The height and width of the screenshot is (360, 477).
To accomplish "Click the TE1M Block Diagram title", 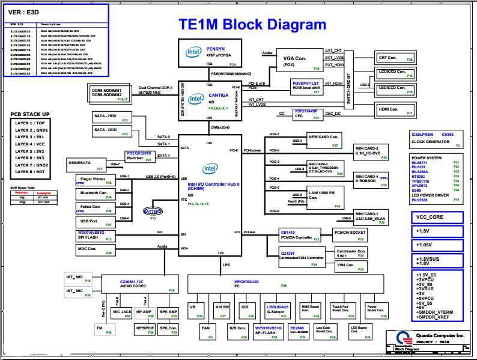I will point(253,24).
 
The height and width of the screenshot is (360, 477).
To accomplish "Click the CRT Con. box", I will point(394,58).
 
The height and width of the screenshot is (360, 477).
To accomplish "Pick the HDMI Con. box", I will point(394,110).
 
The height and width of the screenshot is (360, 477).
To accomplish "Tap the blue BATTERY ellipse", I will point(153,211).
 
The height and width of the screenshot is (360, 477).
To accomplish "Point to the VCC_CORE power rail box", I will point(437,218).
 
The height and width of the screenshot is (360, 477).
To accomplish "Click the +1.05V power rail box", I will point(437,245).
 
